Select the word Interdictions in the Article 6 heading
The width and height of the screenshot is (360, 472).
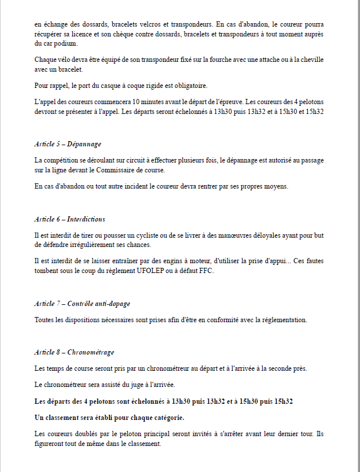86,219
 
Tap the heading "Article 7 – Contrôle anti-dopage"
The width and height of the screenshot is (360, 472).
82,303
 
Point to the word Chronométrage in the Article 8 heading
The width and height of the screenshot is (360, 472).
91,352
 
